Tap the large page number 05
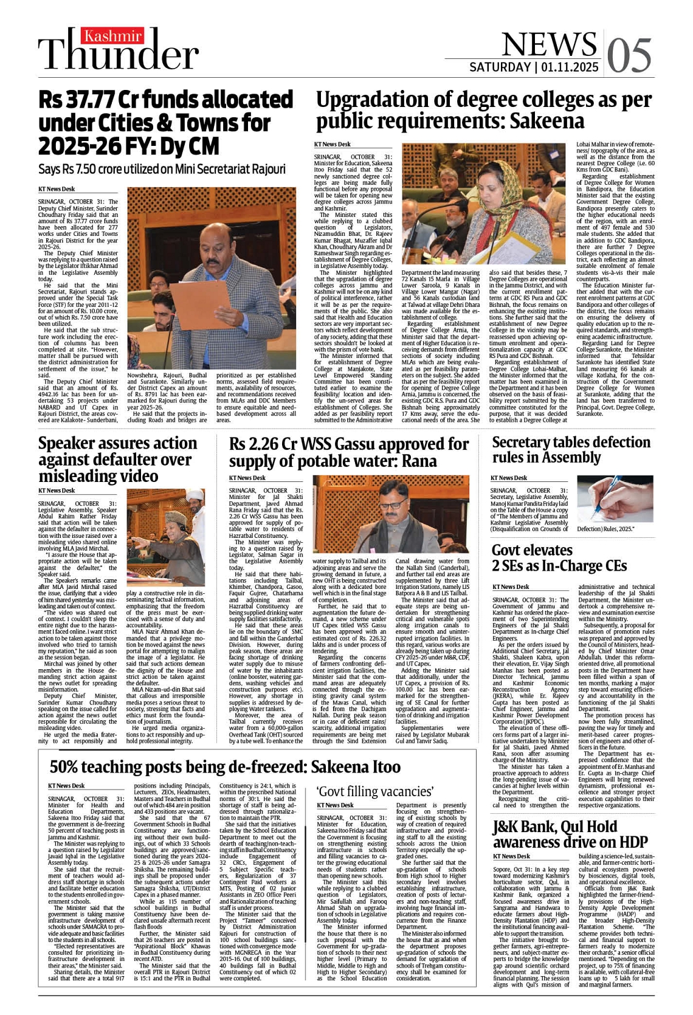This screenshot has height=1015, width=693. point(629,56)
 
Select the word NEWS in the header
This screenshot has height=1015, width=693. point(549,44)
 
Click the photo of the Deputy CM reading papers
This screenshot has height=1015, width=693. point(212,278)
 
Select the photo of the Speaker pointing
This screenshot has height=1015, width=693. point(165,537)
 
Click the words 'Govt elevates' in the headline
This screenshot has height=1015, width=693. point(532,551)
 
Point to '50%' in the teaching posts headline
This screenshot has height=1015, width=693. point(66,767)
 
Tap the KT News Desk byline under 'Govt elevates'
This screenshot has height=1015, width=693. point(511,587)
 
